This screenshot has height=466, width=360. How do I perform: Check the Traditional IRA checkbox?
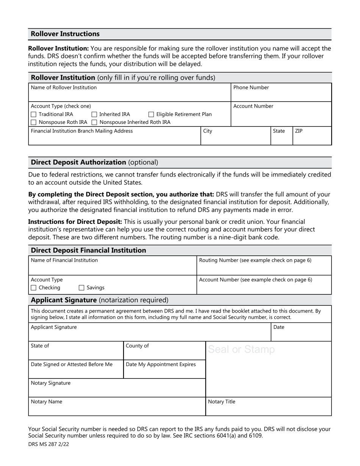[33, 114]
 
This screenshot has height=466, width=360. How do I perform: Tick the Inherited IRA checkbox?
[94, 114]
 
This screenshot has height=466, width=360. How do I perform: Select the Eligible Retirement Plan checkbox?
[151, 114]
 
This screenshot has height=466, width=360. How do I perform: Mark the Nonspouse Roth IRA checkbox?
[33, 122]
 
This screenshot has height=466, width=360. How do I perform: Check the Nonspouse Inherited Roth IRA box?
[94, 122]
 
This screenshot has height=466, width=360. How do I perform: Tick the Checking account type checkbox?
[33, 288]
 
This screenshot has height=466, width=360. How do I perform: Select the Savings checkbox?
[81, 288]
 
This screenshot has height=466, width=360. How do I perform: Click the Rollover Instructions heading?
[65, 34]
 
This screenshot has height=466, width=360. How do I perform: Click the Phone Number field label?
[251, 88]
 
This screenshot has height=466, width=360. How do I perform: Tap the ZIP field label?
[299, 131]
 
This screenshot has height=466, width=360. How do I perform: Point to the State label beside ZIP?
[279, 131]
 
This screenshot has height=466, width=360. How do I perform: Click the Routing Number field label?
[255, 260]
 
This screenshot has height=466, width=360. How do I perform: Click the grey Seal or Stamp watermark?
[241, 349]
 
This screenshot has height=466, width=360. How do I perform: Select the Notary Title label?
[221, 402]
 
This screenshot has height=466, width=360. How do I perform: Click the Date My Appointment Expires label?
[161, 364]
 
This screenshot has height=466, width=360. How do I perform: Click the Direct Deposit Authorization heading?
[78, 163]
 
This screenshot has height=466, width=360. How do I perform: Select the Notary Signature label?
[50, 383]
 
